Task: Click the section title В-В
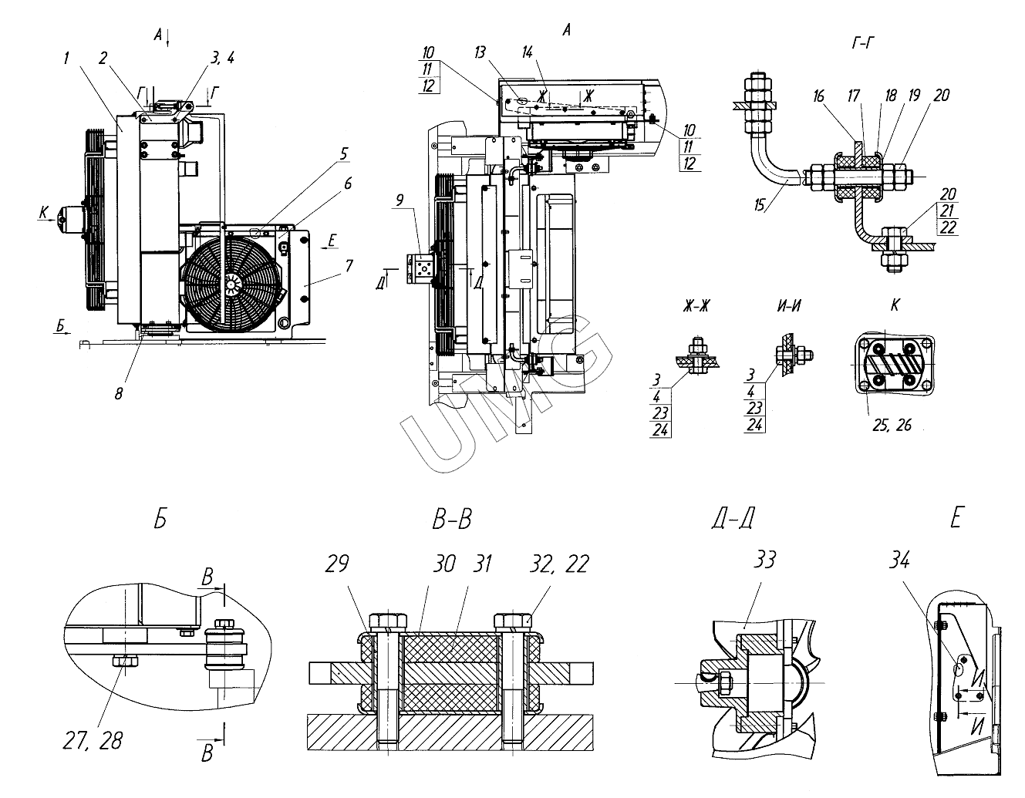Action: tap(452, 520)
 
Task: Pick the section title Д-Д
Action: tap(732, 520)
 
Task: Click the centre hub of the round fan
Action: tap(231, 285)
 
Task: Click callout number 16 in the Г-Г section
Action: tap(818, 96)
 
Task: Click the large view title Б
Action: tap(160, 520)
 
